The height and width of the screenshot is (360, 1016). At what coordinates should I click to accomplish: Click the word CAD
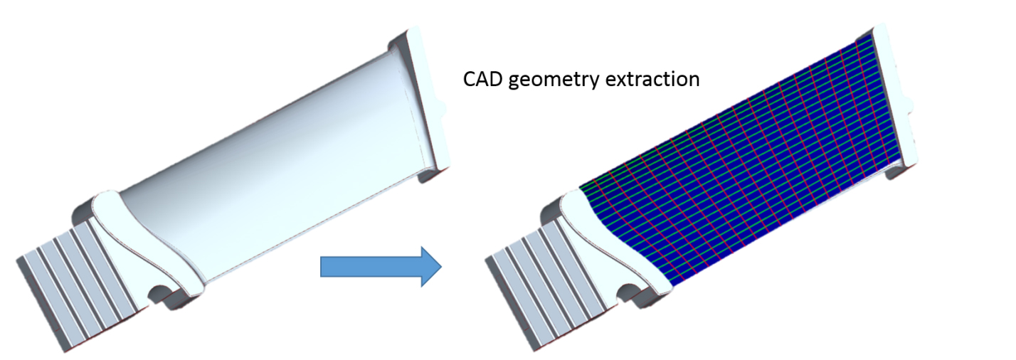[x=483, y=80]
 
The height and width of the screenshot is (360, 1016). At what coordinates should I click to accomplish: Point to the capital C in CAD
[x=469, y=80]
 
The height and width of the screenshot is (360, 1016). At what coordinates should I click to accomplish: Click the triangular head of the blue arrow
[x=430, y=267]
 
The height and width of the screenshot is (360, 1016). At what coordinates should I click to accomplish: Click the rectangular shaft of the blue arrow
[x=371, y=267]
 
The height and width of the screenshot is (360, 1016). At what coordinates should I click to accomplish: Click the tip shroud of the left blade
[x=424, y=102]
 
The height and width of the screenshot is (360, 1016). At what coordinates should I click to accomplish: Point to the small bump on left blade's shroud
[x=443, y=108]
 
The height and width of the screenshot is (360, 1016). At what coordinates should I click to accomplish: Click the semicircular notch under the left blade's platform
[x=159, y=294]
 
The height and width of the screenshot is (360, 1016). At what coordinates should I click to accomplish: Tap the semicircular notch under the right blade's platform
[x=628, y=292]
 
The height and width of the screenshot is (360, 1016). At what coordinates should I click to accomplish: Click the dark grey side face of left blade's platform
[x=83, y=214]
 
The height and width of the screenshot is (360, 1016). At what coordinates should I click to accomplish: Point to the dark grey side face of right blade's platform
[x=552, y=213]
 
